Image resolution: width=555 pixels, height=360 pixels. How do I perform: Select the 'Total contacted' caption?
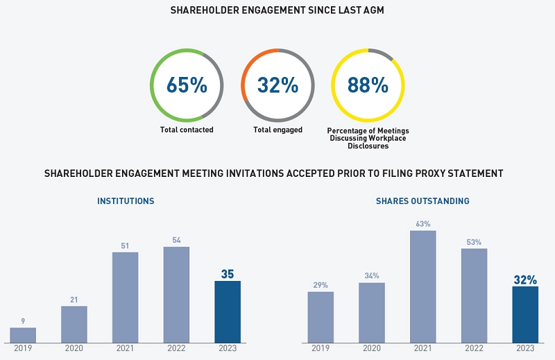187,130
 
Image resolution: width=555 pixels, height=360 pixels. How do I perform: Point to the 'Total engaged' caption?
277,130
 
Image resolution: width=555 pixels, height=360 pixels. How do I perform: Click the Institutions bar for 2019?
23,335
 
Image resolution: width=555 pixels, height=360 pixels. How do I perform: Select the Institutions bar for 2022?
176,294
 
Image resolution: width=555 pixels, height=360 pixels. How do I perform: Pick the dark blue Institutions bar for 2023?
228,311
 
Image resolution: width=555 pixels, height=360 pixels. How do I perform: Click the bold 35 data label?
228,274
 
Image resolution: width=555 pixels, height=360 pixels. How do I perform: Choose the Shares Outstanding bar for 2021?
423,286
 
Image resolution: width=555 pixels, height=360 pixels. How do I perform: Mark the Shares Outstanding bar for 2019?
321,317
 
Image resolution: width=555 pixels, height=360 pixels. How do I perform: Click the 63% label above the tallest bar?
423,224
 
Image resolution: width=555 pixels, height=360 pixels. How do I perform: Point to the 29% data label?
321,285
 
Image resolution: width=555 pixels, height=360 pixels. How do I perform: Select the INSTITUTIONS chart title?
126,201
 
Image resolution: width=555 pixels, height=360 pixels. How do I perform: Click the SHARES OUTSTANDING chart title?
422,201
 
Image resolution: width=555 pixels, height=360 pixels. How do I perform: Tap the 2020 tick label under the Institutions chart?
74,348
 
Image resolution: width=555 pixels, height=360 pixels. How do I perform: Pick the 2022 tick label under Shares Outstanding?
475,348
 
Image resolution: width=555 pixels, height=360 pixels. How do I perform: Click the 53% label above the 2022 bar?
475,242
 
